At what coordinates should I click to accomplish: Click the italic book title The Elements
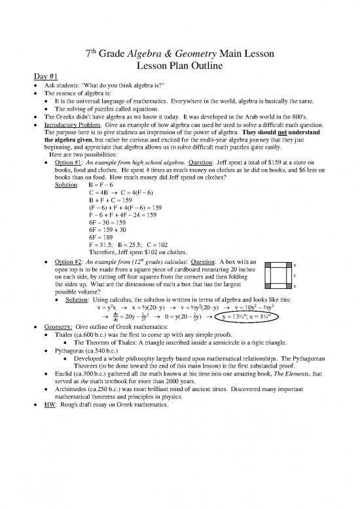pyautogui.click(x=277, y=379)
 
